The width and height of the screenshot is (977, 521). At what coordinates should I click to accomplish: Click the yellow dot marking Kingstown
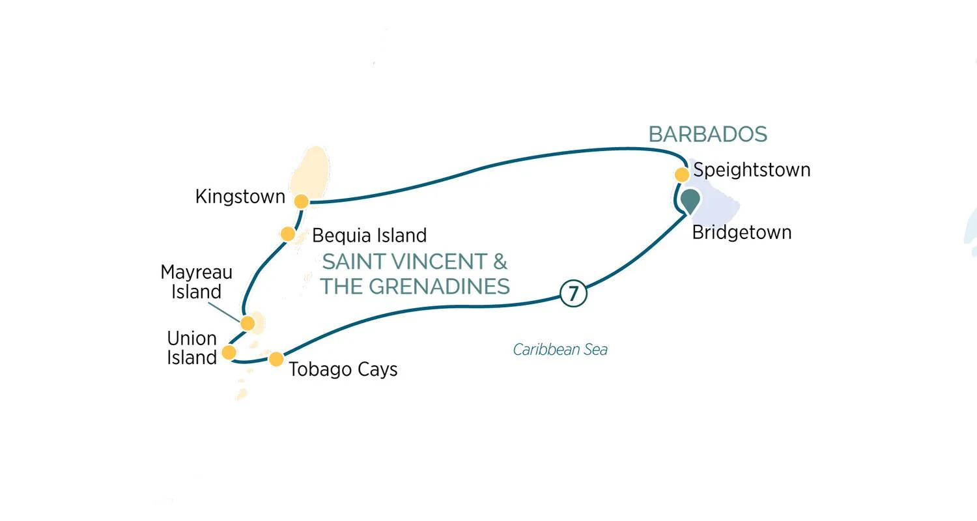301,201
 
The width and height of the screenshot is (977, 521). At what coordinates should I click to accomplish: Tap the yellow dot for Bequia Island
287,234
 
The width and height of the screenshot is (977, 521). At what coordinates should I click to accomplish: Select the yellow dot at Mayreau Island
248,323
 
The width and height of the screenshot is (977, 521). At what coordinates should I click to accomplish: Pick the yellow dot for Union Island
229,352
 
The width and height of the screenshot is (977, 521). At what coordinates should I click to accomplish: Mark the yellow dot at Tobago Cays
276,359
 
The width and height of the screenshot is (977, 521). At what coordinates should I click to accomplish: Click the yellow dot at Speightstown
681,175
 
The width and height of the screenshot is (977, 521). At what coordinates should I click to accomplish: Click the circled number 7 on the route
573,294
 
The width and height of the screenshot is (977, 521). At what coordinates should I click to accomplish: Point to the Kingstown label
240,197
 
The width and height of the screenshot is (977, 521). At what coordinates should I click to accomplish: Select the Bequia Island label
369,234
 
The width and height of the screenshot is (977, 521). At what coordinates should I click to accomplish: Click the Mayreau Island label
197,281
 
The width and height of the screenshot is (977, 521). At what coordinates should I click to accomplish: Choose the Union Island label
191,348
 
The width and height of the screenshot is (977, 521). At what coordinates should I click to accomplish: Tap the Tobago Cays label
343,369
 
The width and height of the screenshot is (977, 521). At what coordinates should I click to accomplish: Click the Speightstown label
752,170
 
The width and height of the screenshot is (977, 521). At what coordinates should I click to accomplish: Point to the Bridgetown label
742,232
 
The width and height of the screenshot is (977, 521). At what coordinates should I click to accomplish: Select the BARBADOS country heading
708,134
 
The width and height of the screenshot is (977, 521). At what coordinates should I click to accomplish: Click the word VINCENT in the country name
438,262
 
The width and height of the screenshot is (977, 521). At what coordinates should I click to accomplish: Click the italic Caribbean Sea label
560,350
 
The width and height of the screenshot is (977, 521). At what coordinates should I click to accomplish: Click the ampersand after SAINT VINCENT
500,262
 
